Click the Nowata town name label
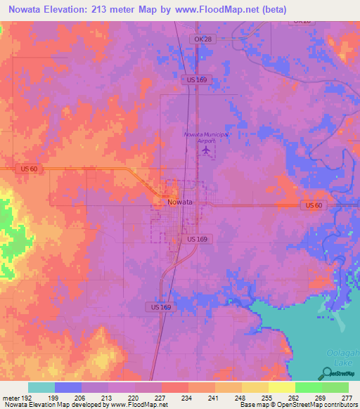pos(180,202)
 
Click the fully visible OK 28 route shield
pos(202,39)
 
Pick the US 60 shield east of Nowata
pos(313,205)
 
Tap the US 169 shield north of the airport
pos(196,81)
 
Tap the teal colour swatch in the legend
pos(41,387)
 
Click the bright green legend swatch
pos(308,387)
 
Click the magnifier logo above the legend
pos(327,372)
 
